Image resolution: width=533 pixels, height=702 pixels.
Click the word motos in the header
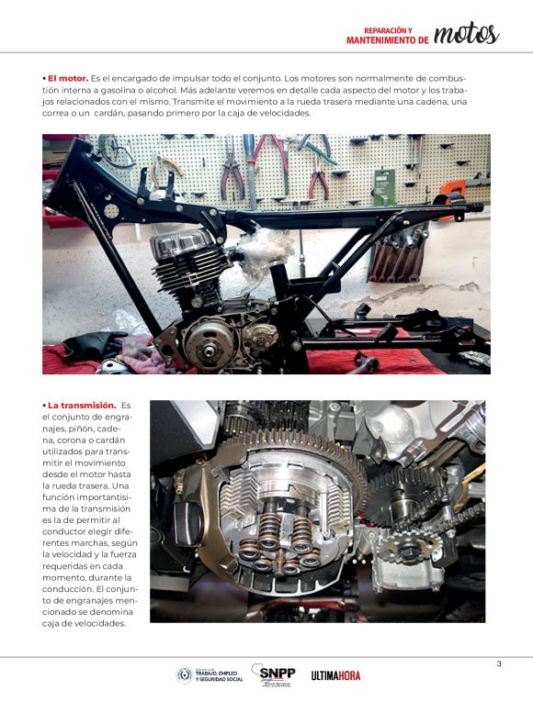(466, 34)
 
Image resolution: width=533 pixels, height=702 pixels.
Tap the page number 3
(499, 664)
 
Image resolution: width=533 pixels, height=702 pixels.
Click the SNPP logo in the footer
(274, 674)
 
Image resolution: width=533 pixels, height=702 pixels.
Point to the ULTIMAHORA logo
(335, 675)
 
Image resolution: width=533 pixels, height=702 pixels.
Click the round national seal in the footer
(184, 675)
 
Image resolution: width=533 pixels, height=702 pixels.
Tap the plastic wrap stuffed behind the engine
(265, 249)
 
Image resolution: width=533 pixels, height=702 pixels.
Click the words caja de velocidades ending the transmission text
(83, 623)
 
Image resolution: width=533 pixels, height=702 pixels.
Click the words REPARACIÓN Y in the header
(388, 30)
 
